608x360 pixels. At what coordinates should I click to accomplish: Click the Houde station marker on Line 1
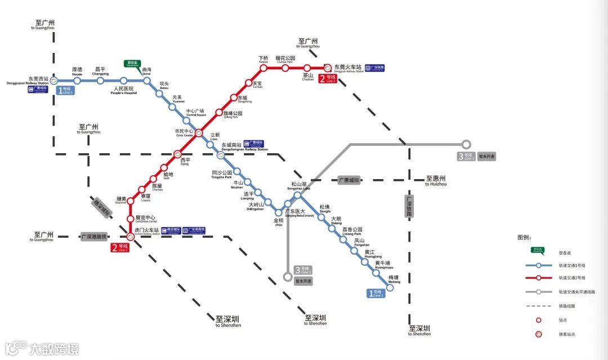point(77,81)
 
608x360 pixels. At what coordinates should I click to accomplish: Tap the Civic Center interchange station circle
point(199,134)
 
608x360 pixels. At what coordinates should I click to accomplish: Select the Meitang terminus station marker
point(390,287)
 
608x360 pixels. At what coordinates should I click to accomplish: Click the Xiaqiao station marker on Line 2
point(263,68)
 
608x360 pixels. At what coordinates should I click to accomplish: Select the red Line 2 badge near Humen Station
point(120,247)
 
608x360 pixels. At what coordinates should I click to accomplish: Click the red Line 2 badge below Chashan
point(328,79)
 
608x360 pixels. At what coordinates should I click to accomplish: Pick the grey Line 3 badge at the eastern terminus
point(467,157)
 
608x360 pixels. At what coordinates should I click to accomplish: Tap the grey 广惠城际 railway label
point(349,180)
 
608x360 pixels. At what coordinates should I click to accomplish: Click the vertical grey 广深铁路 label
point(409,206)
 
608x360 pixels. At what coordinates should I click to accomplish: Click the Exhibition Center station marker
point(131,218)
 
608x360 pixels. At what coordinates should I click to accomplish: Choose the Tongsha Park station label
point(222,174)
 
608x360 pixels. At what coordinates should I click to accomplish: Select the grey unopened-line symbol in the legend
point(539,292)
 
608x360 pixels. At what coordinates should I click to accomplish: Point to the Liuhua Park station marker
point(285,68)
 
